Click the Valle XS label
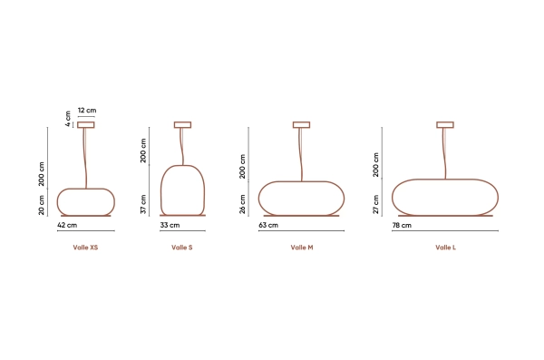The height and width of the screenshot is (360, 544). (x=85, y=248)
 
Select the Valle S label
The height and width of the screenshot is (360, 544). (x=182, y=248)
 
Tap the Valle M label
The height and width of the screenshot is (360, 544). (x=302, y=248)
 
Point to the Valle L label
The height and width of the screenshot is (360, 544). (x=445, y=248)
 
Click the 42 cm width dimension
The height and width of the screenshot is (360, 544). (x=67, y=225)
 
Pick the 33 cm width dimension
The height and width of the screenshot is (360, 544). (x=170, y=225)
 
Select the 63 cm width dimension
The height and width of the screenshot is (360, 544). (x=268, y=225)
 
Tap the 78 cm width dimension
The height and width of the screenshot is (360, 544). (x=402, y=225)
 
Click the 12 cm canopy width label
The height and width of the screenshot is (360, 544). (x=87, y=111)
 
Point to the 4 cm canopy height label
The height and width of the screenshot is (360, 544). (x=68, y=119)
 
